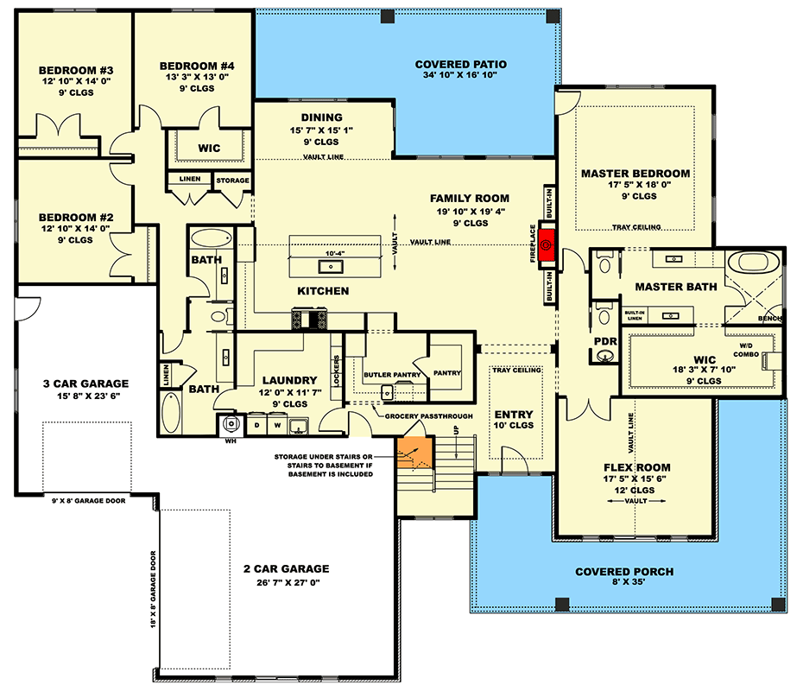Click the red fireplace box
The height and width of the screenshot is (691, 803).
click(x=547, y=245)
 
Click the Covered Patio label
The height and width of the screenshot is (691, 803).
click(x=460, y=65)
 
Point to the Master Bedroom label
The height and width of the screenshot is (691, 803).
click(x=635, y=174)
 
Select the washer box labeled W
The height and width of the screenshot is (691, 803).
click(x=277, y=425)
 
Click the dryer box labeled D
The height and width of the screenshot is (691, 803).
click(x=256, y=425)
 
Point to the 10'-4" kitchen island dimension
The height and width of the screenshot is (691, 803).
click(x=335, y=253)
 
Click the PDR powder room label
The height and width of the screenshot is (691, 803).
click(x=605, y=342)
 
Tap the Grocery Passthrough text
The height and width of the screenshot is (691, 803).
click(x=428, y=415)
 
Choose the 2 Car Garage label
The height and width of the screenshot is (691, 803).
click(x=286, y=568)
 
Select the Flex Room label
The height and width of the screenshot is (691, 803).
click(x=635, y=467)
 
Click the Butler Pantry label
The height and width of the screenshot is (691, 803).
click(x=391, y=374)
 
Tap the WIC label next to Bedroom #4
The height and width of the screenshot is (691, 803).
click(x=209, y=148)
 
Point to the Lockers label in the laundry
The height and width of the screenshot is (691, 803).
click(x=336, y=371)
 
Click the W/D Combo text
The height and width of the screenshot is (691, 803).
click(x=746, y=349)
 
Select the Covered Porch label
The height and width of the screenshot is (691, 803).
click(x=624, y=572)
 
